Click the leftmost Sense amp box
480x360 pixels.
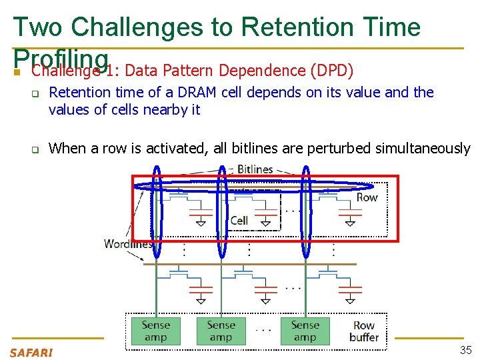pyautogui.click(x=156, y=331)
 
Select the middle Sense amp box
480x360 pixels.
pyautogui.click(x=221, y=331)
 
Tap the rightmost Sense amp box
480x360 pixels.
pyautogui.click(x=305, y=331)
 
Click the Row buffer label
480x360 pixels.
pyautogui.click(x=364, y=331)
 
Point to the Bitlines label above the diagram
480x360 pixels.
pyautogui.click(x=255, y=169)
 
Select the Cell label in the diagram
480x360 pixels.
pyautogui.click(x=239, y=220)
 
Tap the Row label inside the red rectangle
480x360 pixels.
pyautogui.click(x=367, y=197)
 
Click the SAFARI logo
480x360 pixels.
pyautogui.click(x=31, y=352)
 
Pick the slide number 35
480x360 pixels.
pyautogui.click(x=465, y=351)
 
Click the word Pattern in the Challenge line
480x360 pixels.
pyautogui.click(x=189, y=70)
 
